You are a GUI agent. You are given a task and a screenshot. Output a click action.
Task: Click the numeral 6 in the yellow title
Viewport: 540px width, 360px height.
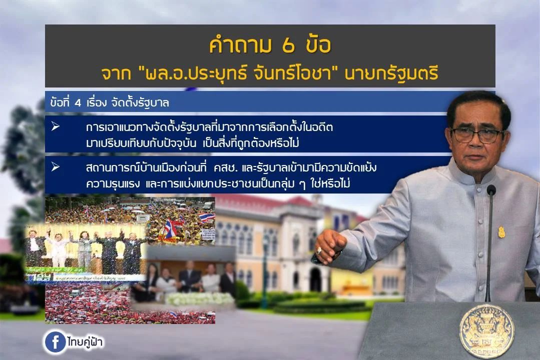coord(288,45)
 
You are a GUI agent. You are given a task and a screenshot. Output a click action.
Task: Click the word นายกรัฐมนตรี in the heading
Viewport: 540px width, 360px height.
coord(391,73)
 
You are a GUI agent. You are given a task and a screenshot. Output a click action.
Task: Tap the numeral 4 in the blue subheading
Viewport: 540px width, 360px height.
coord(78,103)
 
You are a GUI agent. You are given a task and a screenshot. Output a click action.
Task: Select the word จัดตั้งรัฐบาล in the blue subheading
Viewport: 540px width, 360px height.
coord(140,102)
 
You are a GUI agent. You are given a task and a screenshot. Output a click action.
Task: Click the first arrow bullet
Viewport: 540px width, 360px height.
coord(56,126)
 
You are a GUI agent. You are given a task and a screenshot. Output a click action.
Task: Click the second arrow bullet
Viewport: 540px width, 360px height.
coord(56,167)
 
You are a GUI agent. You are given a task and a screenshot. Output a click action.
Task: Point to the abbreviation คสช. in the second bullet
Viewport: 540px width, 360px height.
coord(226,168)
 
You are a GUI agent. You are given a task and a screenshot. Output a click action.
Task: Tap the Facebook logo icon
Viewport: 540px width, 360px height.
coord(55,342)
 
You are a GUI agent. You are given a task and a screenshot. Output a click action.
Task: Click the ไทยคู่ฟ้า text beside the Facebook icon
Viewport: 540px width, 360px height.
coord(85,341)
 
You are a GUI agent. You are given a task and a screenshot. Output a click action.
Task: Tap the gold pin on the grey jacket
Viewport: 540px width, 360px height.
coord(501,232)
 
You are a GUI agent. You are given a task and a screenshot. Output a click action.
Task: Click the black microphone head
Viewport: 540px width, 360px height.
coord(491,189)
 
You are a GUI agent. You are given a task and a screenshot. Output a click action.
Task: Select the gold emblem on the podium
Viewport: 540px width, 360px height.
coord(486,330)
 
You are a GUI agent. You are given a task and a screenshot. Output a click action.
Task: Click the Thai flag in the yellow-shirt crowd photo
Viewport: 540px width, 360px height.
coord(206,217)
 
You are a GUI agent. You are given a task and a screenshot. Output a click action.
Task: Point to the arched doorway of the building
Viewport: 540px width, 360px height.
coord(314,280)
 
